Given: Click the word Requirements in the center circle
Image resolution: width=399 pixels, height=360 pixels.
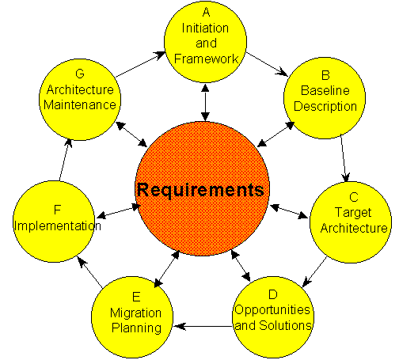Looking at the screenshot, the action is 200,191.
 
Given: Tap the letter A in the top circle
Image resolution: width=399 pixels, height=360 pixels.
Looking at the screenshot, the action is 206,12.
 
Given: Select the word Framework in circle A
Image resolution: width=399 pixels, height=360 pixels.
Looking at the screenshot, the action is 207,59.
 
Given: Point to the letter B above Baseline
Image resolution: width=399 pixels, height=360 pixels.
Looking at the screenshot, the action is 325,75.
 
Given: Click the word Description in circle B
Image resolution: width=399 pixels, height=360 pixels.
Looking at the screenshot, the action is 325,106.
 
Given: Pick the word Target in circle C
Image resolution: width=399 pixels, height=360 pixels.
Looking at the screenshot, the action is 353,213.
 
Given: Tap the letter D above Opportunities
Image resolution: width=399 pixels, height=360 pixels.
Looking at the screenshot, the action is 273,294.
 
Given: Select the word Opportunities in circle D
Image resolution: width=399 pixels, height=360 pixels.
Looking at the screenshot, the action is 272,310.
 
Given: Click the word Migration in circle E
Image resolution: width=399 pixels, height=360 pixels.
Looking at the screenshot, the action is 135,313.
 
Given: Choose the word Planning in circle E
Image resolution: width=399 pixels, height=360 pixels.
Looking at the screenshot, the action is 136,328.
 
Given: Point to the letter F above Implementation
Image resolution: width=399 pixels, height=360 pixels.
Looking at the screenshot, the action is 57,210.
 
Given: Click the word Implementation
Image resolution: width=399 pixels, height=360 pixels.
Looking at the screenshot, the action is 58,226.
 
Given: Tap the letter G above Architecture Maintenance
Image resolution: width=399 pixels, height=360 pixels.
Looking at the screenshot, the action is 80,74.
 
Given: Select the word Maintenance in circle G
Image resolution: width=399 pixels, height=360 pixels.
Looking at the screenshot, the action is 80,105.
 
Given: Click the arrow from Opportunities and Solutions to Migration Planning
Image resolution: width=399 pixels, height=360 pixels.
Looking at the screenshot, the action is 203,327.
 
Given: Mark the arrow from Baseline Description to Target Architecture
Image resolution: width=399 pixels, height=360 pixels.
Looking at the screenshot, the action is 344,158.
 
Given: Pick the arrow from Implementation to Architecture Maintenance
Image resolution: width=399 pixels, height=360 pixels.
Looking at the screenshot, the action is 64,160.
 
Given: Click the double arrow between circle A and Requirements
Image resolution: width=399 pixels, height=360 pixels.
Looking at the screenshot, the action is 205,102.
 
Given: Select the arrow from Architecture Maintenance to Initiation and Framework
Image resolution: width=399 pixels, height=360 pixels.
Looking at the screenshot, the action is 140,65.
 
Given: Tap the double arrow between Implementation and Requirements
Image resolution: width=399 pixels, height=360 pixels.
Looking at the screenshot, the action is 118,211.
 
